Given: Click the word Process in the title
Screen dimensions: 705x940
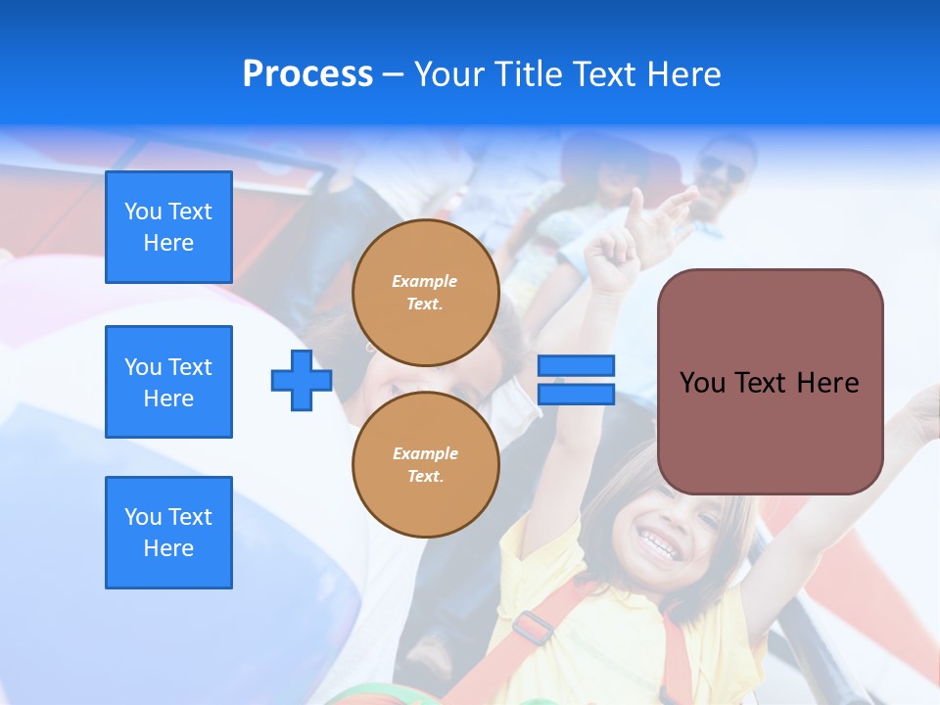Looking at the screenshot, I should point(307,74).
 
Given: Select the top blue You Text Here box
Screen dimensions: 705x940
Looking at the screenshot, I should point(168,227).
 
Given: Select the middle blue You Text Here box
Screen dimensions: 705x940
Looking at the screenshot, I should point(168,382).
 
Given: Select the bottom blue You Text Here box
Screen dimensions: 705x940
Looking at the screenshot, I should point(168,533).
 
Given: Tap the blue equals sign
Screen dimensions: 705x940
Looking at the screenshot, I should point(576,380).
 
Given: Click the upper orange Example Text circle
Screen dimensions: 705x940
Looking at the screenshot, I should point(426,293).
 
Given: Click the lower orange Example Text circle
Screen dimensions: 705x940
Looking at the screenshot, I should point(426,465).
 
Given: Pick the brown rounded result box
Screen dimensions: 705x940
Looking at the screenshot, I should point(770,382).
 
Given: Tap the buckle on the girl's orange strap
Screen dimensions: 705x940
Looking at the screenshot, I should point(533,628).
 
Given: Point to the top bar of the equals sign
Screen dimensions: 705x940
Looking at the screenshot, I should point(576,365).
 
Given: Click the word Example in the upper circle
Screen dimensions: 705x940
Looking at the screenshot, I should point(425,281).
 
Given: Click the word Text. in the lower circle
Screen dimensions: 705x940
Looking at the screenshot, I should point(425,477).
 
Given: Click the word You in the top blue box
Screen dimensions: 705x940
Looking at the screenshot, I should point(143,211).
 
